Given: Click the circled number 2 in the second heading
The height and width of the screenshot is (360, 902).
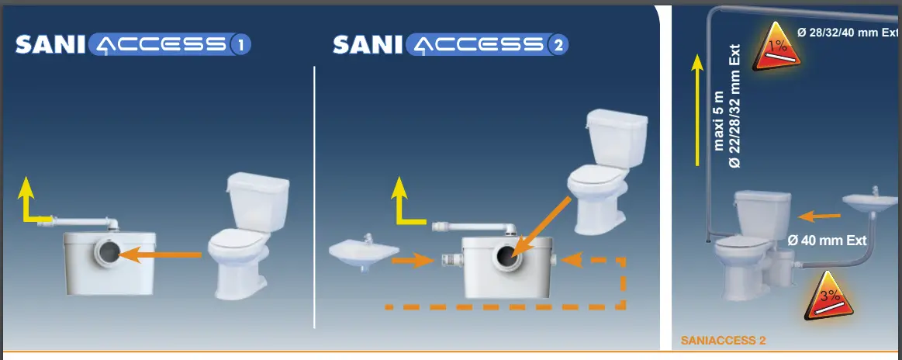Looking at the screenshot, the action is click(x=556, y=46).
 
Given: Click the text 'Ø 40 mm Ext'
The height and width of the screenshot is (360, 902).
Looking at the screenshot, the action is click(x=826, y=241).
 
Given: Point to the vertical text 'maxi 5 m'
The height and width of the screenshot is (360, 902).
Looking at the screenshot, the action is click(x=719, y=121).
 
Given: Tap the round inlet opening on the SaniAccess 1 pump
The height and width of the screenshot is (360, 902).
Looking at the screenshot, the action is click(x=109, y=252).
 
